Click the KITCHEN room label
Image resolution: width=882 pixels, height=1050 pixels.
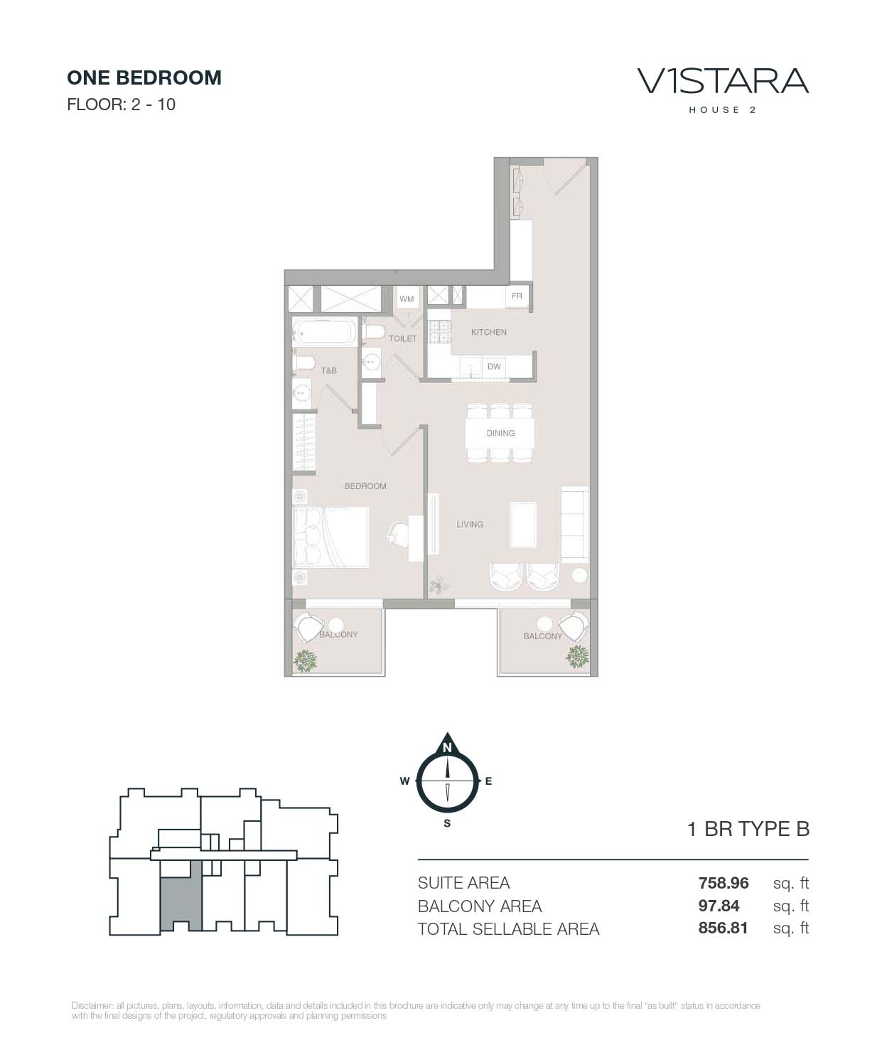pyautogui.click(x=488, y=332)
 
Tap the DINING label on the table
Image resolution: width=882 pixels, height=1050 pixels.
pyautogui.click(x=500, y=433)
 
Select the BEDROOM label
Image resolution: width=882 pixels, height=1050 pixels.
pyautogui.click(x=365, y=486)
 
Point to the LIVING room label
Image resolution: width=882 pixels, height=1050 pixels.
pyautogui.click(x=470, y=525)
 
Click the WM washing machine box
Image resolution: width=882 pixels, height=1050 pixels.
pyautogui.click(x=407, y=299)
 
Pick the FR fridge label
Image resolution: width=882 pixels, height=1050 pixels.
pyautogui.click(x=517, y=296)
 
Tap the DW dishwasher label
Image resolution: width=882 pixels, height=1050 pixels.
pyautogui.click(x=494, y=367)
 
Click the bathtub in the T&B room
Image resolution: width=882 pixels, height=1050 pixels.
pyautogui.click(x=325, y=331)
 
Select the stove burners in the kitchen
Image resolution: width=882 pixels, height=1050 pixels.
pyautogui.click(x=439, y=331)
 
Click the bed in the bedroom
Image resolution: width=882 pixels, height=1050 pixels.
pyautogui.click(x=330, y=537)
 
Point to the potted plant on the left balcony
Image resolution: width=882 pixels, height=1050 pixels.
pyautogui.click(x=305, y=660)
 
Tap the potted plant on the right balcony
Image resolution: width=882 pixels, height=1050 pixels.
pyautogui.click(x=577, y=657)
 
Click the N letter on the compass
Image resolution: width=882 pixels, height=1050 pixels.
pyautogui.click(x=447, y=748)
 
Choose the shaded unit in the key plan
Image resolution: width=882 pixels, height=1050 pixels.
pyautogui.click(x=181, y=896)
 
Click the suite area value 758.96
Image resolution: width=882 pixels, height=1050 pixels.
pyautogui.click(x=723, y=883)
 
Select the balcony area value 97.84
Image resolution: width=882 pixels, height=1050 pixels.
pyautogui.click(x=719, y=906)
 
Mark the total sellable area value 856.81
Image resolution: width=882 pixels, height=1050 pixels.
pyautogui.click(x=723, y=928)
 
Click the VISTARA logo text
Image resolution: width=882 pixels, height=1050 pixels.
pyautogui.click(x=723, y=82)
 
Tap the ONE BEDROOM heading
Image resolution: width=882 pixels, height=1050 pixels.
pyautogui.click(x=144, y=78)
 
